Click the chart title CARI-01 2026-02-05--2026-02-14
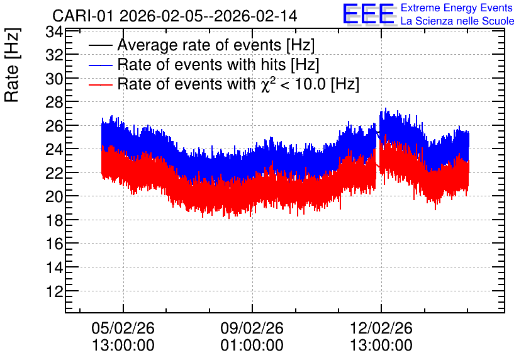175,16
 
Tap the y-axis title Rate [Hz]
12,65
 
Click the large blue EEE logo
369,14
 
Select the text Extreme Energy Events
457,8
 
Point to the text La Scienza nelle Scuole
457,21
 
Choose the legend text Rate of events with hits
218,64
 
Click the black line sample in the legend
100,45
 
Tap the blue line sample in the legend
100,65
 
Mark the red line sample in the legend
100,84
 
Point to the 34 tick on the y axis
54,32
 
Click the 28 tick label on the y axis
54,103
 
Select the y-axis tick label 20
54,196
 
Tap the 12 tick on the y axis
55,291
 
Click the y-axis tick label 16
55,244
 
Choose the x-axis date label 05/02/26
123,328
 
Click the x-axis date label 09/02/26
252,328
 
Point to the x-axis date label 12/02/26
381,328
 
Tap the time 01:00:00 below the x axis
252,346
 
